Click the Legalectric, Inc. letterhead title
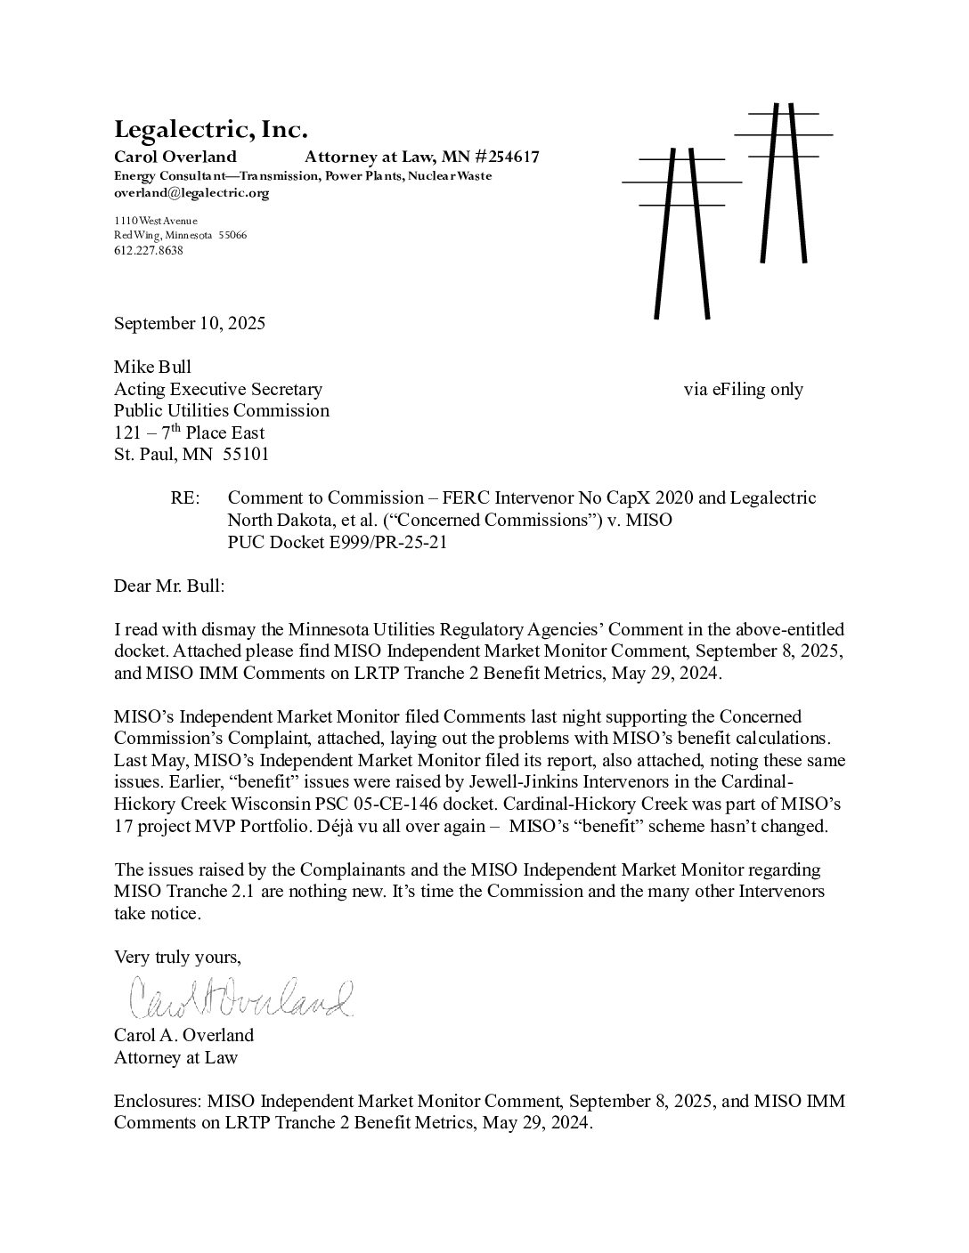coord(210,131)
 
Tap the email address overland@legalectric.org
coord(191,192)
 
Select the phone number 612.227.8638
coord(148,251)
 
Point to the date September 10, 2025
coord(189,323)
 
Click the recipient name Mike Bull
coord(152,367)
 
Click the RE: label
coord(185,498)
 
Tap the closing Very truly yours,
coord(177,958)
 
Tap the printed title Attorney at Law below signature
coord(175,1057)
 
